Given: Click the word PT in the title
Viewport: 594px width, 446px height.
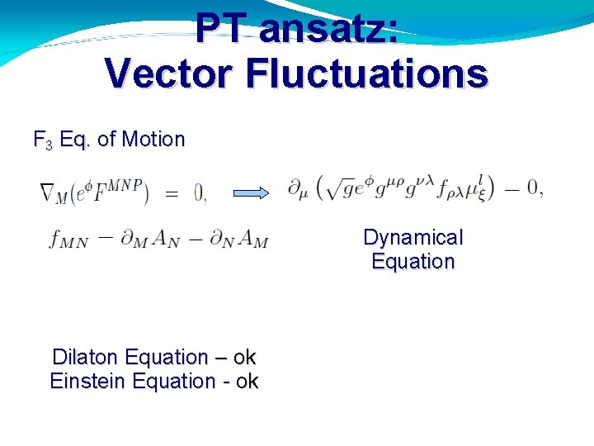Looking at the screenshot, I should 221,30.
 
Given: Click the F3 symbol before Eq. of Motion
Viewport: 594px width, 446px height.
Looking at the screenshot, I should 43,140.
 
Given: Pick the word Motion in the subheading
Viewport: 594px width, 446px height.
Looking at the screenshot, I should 153,140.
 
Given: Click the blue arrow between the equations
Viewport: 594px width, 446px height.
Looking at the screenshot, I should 251,193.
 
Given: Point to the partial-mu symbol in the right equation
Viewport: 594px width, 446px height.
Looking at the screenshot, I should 298,190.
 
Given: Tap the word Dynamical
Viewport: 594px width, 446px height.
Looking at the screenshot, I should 413,238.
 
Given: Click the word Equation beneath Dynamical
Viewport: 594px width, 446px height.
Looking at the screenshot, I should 413,262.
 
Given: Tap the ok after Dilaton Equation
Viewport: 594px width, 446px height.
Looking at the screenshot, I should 245,358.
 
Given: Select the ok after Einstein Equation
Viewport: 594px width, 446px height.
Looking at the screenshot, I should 247,382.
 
